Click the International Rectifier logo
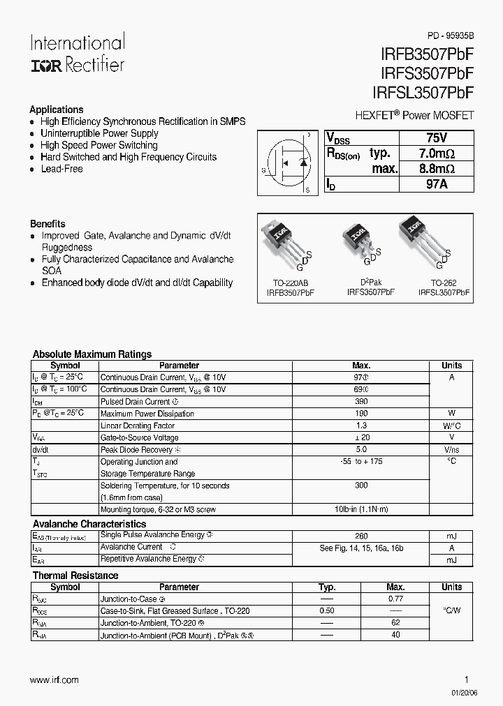(77, 53)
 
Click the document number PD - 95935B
(451, 36)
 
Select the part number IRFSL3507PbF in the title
(419, 93)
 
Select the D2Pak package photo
(358, 241)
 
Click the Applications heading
(56, 110)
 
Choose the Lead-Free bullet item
(61, 169)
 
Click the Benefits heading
(48, 224)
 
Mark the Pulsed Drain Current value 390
(361, 401)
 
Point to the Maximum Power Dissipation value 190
(361, 413)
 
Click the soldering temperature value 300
(361, 485)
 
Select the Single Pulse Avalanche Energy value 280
(361, 536)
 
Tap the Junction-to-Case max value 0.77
(395, 599)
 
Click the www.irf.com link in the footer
(54, 680)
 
